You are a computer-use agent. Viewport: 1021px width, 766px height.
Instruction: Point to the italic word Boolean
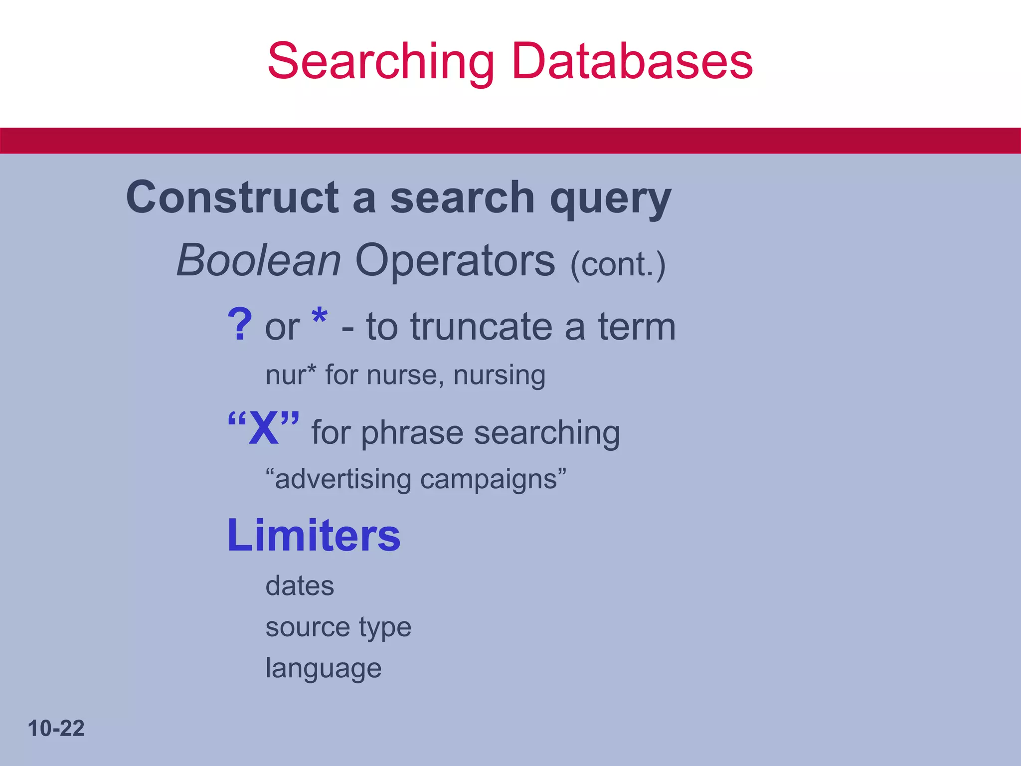259,260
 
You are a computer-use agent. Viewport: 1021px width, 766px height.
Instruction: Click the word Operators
455,261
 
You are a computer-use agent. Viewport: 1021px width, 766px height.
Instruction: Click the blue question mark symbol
240,325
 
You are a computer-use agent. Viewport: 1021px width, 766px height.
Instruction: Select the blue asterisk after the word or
319,317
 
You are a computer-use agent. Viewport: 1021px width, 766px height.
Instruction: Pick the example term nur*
291,375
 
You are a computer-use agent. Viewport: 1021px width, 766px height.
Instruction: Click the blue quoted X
264,427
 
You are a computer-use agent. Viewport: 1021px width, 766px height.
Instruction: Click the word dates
300,586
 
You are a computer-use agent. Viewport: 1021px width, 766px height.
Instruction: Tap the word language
323,669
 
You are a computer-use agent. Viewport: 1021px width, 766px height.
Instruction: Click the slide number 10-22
56,729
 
